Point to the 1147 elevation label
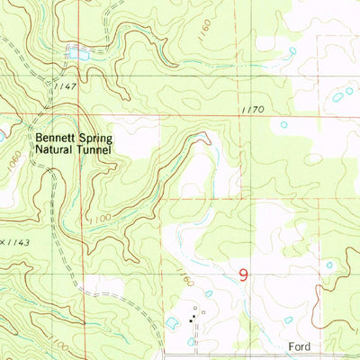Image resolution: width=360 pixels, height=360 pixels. click(x=89, y=84)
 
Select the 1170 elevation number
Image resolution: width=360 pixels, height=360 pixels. click(x=252, y=110)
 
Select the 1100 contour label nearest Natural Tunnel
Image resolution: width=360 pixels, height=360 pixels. click(x=101, y=218)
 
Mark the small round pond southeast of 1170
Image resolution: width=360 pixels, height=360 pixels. click(x=283, y=125)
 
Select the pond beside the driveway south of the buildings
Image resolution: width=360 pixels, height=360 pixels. click(x=190, y=341)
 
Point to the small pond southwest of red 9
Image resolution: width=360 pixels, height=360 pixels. click(x=209, y=293)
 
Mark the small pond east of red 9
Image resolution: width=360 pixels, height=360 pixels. click(x=328, y=265)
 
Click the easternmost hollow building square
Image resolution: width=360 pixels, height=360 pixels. click(x=204, y=313)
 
